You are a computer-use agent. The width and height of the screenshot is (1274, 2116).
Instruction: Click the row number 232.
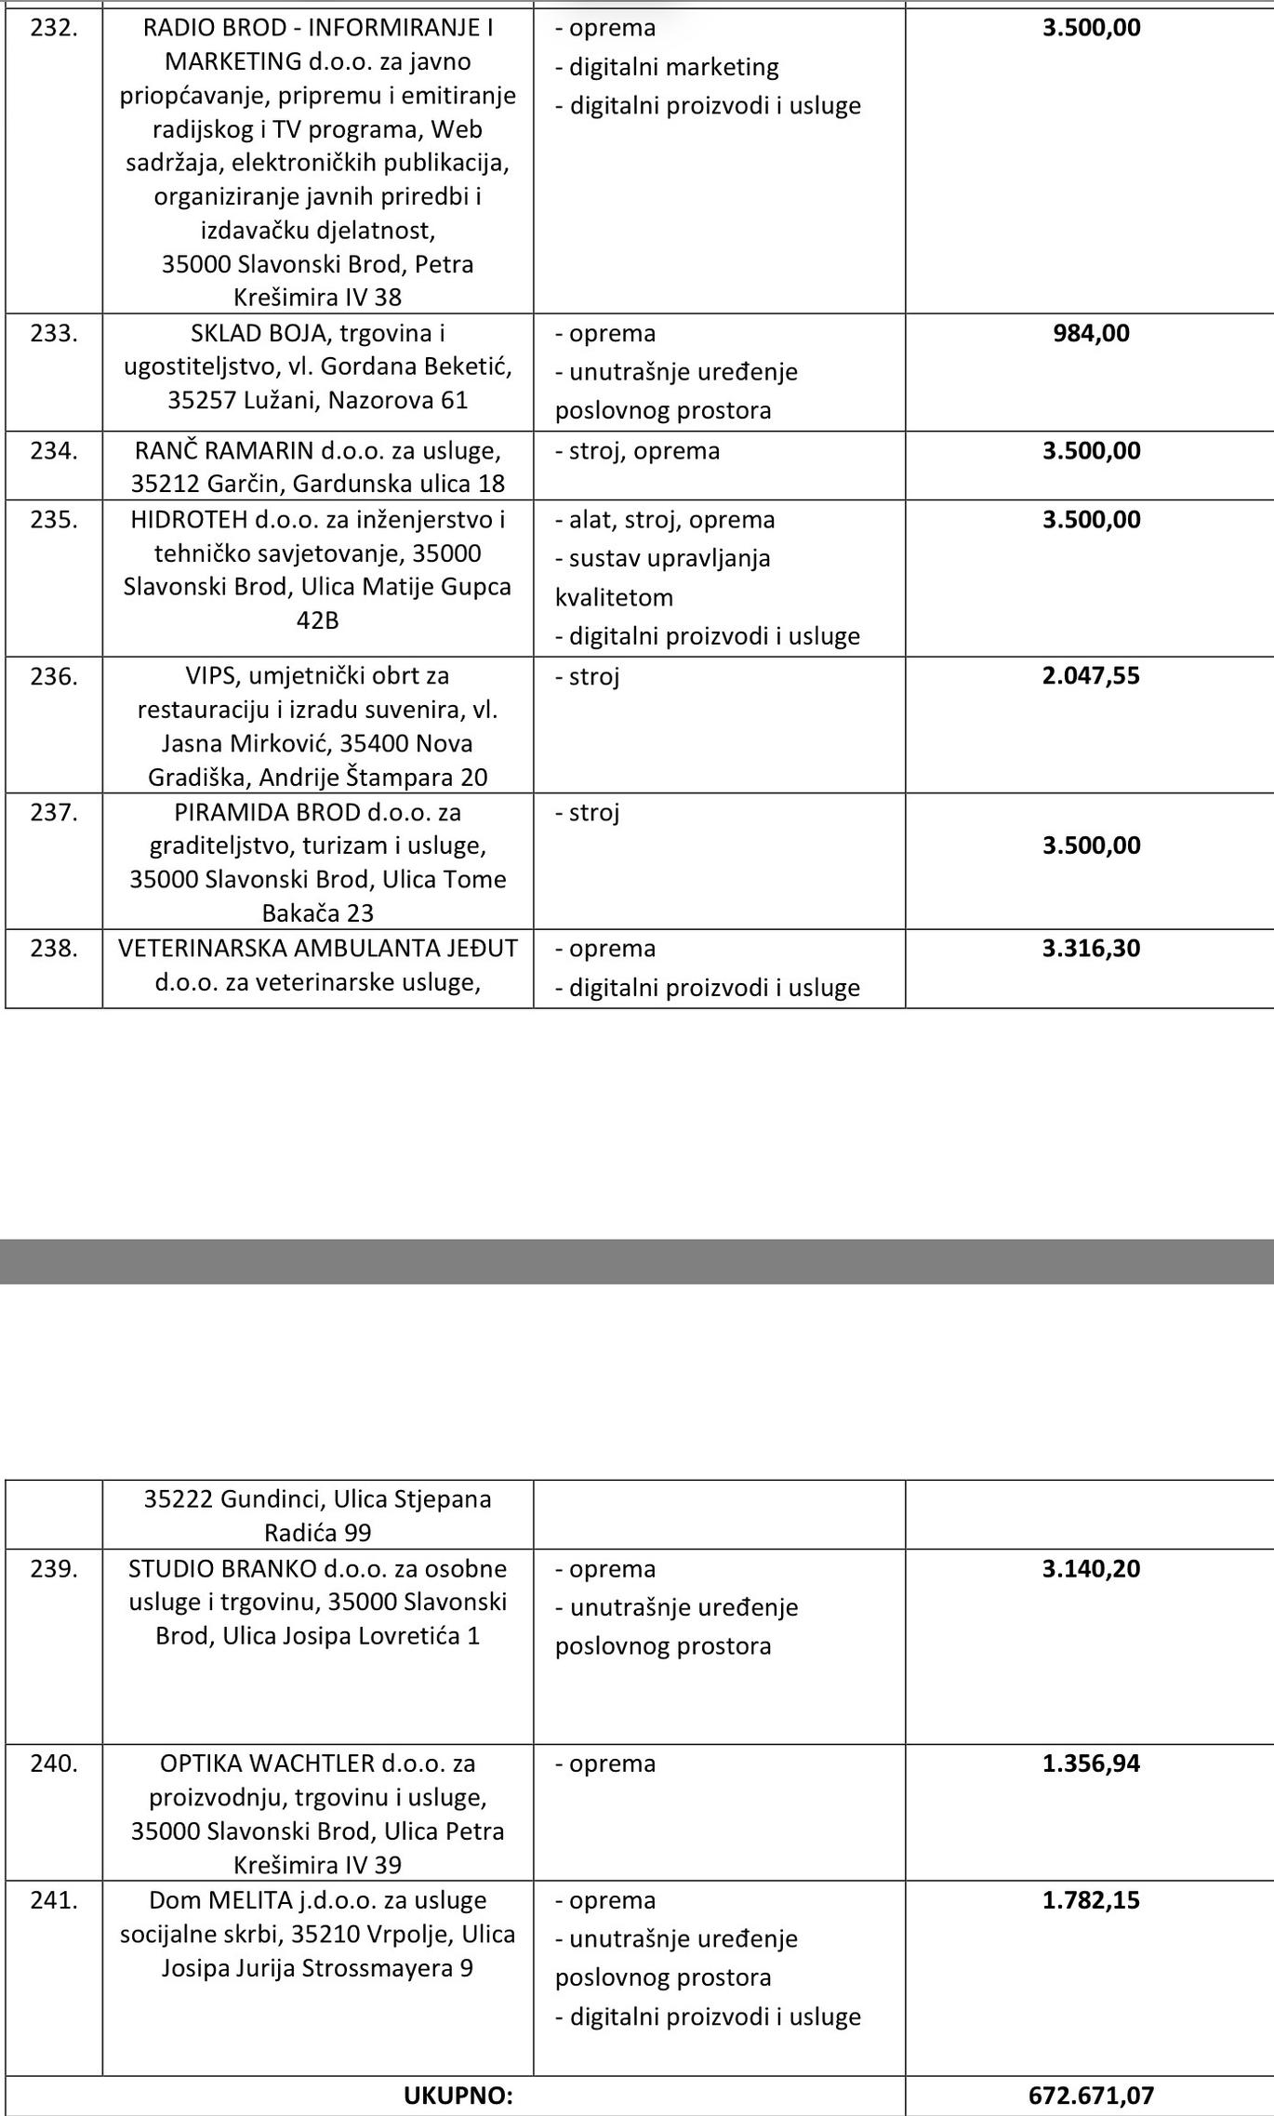click(53, 28)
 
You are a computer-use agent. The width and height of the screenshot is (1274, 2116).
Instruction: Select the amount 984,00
click(1091, 333)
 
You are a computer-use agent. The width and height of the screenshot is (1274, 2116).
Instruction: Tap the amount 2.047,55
click(1091, 675)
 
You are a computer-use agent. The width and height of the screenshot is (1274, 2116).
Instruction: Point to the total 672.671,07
click(1091, 2095)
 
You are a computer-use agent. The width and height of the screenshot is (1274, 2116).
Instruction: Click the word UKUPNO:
click(458, 2096)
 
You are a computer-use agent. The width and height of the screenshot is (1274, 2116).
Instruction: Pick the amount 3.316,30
click(1091, 948)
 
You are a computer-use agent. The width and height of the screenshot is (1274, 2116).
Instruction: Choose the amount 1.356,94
click(1091, 1763)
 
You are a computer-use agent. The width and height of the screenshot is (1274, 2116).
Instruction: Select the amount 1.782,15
click(1091, 1899)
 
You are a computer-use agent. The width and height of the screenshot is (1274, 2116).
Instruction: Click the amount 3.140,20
click(1091, 1568)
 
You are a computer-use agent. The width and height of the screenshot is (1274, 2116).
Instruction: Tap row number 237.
click(53, 812)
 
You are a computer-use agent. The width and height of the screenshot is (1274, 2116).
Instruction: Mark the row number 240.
click(53, 1763)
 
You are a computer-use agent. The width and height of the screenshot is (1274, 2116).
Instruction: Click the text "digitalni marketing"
click(673, 67)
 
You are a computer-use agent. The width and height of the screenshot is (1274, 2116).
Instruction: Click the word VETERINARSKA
click(202, 948)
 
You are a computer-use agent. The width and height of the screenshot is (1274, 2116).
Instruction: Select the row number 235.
click(53, 519)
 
